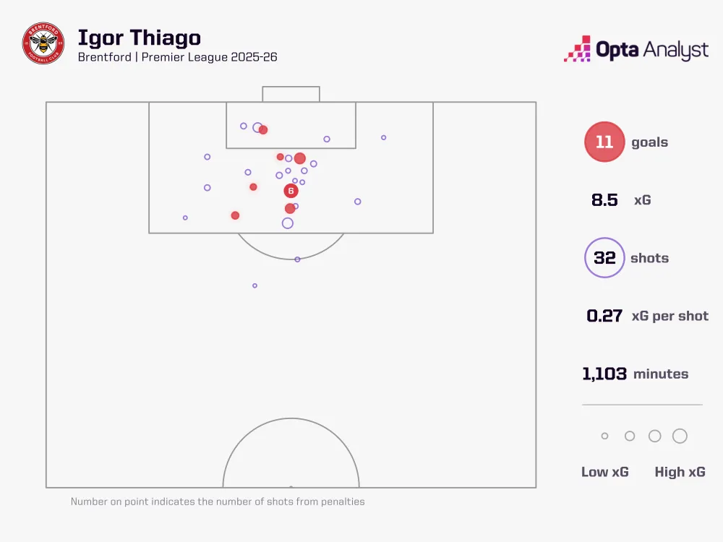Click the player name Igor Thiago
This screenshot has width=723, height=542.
coord(139,38)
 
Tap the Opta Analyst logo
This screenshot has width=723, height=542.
coord(636,50)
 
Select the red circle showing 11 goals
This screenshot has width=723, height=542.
coord(604,142)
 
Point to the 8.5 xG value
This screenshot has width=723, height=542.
coord(604,200)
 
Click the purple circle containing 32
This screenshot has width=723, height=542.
coord(604,258)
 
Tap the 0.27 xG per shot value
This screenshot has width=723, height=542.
coord(604,316)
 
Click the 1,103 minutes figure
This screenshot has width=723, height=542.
coord(604,374)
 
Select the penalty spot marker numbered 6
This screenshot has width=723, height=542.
coord(291,191)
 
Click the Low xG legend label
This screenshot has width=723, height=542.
coord(605,472)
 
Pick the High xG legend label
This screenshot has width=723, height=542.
coord(680,472)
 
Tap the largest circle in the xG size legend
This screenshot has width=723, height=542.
coord(680,436)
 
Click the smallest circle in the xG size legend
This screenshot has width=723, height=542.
coord(605,436)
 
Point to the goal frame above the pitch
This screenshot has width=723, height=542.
coord(291,94)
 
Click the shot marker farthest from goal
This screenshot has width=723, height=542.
coord(254,285)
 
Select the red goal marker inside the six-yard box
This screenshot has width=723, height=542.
coord(263,130)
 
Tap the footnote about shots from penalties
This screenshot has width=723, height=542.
coord(218,502)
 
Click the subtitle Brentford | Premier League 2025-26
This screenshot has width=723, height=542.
coord(177,57)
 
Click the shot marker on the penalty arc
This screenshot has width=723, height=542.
coord(297,259)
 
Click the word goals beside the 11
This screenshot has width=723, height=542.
coord(649,142)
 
